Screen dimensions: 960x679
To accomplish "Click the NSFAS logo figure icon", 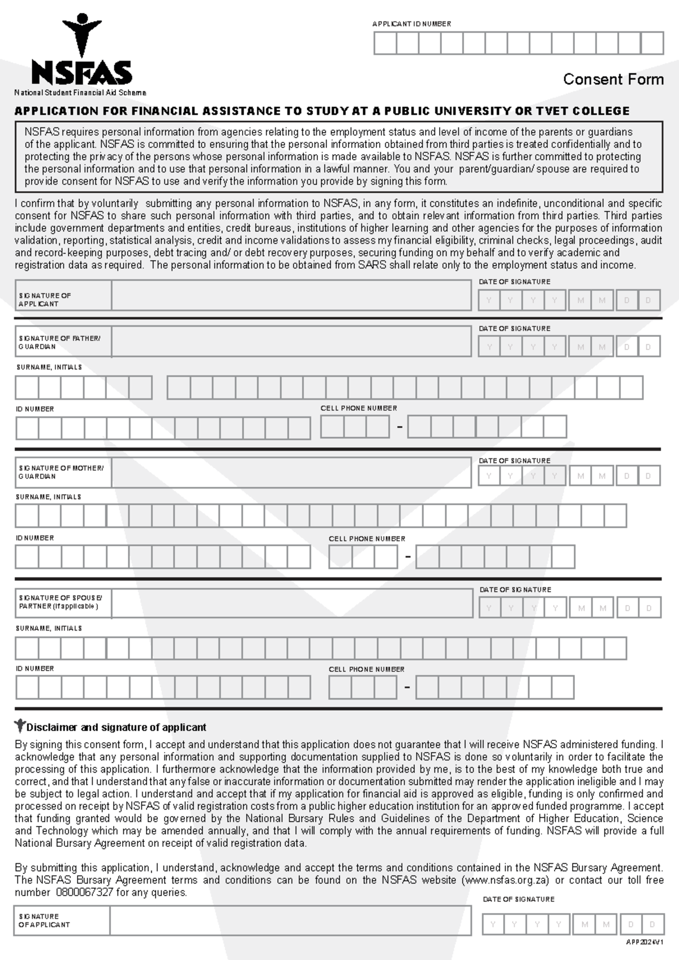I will (x=83, y=34).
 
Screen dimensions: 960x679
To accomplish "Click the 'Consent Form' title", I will (x=613, y=79).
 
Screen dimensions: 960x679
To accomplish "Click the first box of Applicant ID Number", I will (x=385, y=43).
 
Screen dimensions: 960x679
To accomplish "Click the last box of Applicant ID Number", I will (x=652, y=43).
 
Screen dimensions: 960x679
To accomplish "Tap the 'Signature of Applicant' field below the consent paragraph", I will (x=291, y=295).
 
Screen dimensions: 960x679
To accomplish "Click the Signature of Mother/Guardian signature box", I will (x=291, y=473).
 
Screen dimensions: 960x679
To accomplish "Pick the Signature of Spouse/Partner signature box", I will (x=292, y=603).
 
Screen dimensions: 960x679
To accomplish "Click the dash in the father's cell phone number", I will (x=399, y=427).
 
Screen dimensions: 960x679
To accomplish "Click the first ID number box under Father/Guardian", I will (x=27, y=428).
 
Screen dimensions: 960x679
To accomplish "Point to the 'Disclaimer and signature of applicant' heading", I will (x=116, y=727).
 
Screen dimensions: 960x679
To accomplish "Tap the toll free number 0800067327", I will (x=84, y=893).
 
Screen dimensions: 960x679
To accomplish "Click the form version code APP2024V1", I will (x=644, y=942).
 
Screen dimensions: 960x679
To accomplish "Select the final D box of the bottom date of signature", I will (x=652, y=924).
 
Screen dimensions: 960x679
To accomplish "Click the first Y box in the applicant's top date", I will (x=489, y=301).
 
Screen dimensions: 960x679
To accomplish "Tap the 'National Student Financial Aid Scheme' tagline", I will (x=80, y=93).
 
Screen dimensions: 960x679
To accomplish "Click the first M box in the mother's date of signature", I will (x=581, y=476).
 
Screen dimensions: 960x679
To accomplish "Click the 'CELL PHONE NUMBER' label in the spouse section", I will (x=367, y=669).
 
